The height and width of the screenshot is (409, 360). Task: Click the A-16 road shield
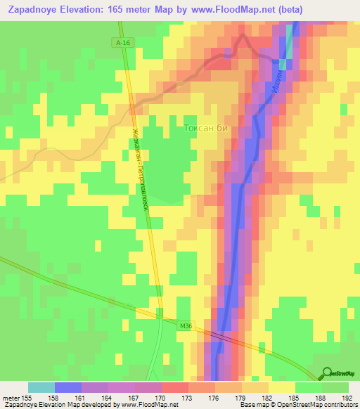(123, 43)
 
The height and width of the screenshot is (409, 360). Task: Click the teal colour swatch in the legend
(41, 387)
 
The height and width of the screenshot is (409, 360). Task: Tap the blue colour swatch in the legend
(68, 387)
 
